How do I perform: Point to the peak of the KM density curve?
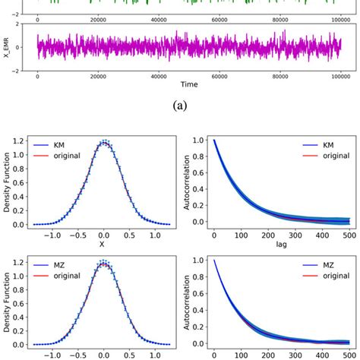pyautogui.click(x=106, y=142)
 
